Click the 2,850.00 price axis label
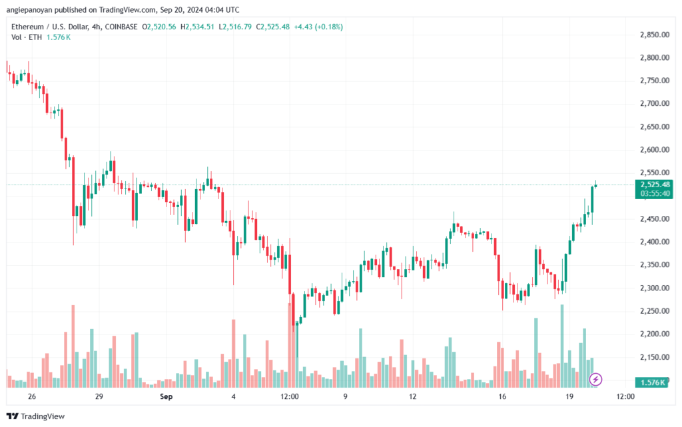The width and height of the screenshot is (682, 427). [x=655, y=35]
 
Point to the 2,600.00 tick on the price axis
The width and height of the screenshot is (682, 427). [x=655, y=150]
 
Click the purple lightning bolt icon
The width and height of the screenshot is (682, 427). [x=595, y=380]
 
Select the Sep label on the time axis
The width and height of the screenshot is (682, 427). [x=166, y=396]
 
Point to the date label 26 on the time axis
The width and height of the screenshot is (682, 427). [x=32, y=396]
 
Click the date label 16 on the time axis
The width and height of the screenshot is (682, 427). [x=502, y=396]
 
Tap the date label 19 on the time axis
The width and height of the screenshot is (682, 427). [x=569, y=396]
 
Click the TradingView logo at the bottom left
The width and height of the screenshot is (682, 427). [x=36, y=416]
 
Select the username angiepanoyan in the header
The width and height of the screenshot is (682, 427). [x=29, y=9]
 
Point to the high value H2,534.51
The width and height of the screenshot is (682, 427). [x=197, y=27]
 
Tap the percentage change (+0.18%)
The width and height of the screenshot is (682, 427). [x=329, y=27]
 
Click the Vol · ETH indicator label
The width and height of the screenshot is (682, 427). [x=27, y=37]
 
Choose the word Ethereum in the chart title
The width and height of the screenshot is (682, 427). [x=27, y=27]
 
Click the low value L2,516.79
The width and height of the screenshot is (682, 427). [x=235, y=27]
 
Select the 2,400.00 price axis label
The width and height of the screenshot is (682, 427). [x=655, y=242]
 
